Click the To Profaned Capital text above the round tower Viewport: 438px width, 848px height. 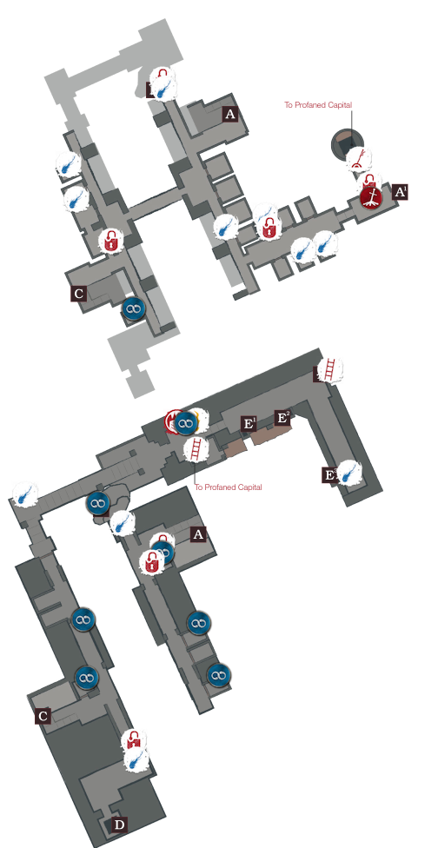[318, 105]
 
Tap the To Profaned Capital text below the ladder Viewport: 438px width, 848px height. [229, 487]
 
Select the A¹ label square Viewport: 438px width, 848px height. [400, 192]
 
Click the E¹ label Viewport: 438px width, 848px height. [249, 423]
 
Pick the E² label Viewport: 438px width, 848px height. [282, 418]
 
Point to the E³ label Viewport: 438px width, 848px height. [329, 475]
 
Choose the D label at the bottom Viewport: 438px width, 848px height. [120, 825]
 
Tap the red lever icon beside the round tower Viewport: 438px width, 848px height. [360, 159]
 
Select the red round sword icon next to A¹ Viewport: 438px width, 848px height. [372, 195]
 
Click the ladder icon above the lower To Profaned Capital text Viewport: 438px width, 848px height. [196, 449]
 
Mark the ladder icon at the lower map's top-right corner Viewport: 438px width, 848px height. [329, 370]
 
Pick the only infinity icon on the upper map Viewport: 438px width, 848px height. [133, 308]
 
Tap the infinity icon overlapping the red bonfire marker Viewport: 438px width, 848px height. [185, 423]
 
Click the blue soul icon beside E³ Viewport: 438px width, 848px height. [349, 473]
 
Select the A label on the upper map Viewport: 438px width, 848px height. [230, 114]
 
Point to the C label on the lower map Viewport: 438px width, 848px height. [43, 717]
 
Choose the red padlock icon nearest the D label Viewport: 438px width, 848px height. [133, 740]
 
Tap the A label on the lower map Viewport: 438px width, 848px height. [198, 535]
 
